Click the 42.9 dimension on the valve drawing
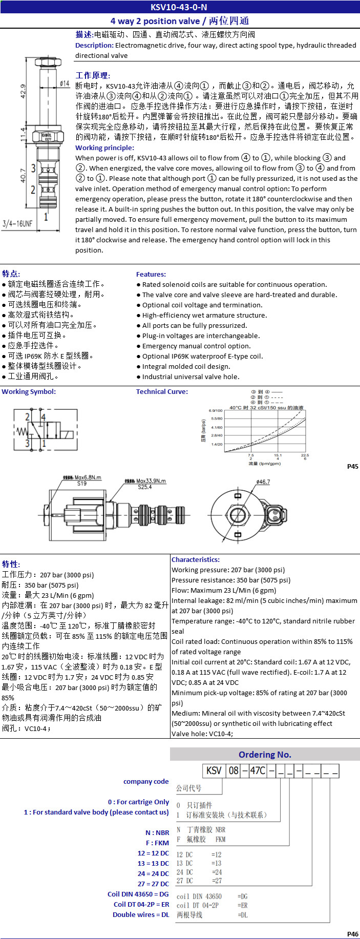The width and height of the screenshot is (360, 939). coord(23,91)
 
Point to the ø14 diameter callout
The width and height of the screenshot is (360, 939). coord(65,83)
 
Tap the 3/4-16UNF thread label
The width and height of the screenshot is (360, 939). coord(17,223)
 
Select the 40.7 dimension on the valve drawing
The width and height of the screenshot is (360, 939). coord(23,175)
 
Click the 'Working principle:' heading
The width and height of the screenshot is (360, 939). coord(104,148)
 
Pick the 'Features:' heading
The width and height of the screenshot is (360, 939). coord(151,274)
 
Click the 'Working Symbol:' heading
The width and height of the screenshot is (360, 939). coord(29,391)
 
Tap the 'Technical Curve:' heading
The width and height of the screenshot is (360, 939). coord(162,391)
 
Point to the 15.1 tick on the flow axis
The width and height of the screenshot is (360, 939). coord(278,455)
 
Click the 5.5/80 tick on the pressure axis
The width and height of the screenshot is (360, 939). coord(217,419)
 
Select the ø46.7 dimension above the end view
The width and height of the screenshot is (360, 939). coord(263,482)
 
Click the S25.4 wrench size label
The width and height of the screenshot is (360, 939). coord(145,487)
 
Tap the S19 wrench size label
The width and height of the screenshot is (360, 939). coord(82,483)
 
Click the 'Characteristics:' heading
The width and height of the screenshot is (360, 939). coord(196,559)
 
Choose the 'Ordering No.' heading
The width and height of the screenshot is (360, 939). coord(265,754)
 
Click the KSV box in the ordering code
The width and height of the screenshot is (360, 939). coord(214,771)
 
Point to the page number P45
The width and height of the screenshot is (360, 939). coord(352,466)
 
